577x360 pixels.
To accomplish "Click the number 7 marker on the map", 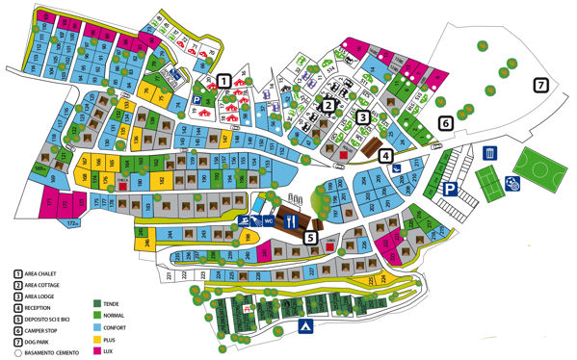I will coord(541,86).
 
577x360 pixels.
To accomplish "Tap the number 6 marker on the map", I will coord(445,123).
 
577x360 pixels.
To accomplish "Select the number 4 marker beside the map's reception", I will coord(385,155).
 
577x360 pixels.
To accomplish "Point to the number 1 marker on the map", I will coord(223,81).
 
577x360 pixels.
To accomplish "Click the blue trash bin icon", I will coord(490,153).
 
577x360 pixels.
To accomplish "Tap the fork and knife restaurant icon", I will coord(291,219).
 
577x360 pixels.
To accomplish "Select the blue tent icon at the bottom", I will coord(304,327).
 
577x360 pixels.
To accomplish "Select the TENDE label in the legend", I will coord(113,304).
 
